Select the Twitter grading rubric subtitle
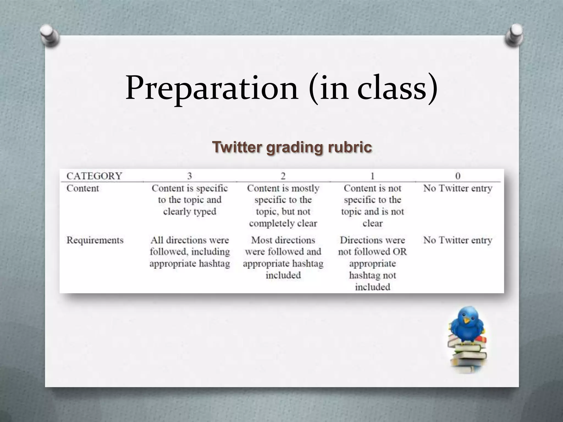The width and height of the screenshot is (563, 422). tap(292, 147)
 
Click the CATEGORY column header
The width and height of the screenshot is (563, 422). tap(94, 176)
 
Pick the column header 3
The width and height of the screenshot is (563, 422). tap(189, 176)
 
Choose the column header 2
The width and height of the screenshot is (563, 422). tap(283, 176)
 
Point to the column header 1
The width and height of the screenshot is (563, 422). tap(372, 176)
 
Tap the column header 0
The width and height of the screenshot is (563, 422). tap(458, 176)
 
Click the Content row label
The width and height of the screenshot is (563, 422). tap(82, 188)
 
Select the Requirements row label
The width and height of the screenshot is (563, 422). tap(95, 240)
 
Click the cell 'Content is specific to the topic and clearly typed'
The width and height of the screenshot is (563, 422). tap(190, 200)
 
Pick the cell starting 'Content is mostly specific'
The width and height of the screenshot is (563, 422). tap(283, 206)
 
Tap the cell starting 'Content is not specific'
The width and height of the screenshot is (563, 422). tap(372, 206)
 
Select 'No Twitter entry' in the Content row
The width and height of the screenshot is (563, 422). tap(458, 188)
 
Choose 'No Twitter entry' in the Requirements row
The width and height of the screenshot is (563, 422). tap(458, 240)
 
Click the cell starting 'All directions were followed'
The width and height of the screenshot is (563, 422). tap(190, 252)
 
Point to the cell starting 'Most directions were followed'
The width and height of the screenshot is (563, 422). tap(283, 257)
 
